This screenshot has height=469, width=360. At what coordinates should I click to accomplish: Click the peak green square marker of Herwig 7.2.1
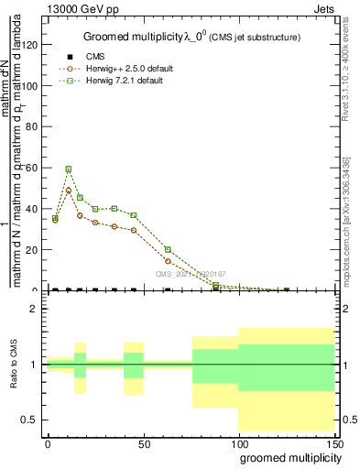(x=68, y=169)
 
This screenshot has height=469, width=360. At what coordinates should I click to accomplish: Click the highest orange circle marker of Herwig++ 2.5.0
(x=68, y=190)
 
